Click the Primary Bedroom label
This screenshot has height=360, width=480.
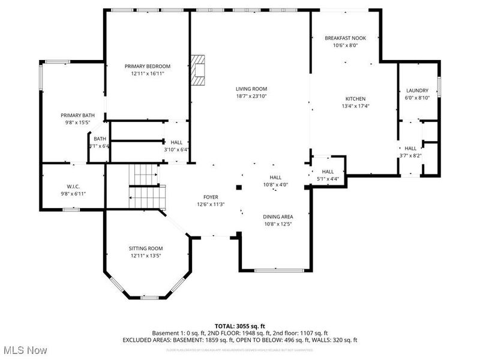pos(148,66)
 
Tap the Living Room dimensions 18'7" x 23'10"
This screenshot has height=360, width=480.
pos(251,96)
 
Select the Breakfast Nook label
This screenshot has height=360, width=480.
pos(345,38)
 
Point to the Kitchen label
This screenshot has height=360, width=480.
pos(355,99)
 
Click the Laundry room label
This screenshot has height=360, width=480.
pos(417,91)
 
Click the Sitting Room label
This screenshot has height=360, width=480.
pos(146,248)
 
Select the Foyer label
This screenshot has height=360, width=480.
pos(211,197)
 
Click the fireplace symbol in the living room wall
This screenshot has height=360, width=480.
pos(198,70)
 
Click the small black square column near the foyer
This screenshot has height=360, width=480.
pos(239,187)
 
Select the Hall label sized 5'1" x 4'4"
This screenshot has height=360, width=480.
pos(328,172)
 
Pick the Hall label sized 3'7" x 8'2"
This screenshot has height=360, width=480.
pos(410,148)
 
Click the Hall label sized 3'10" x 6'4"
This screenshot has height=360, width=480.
pos(176,142)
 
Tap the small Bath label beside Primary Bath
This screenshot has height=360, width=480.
pos(99,139)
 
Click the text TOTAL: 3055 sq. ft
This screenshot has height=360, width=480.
pos(239,326)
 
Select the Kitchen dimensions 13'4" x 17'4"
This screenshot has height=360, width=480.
pos(355,106)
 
